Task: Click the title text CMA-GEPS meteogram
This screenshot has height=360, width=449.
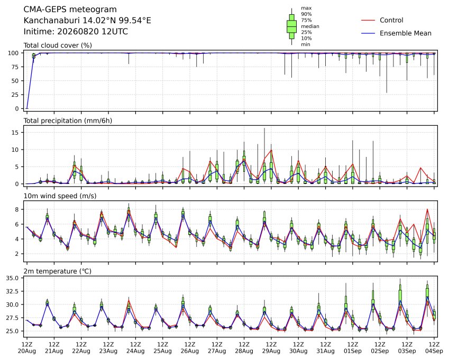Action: point(70,10)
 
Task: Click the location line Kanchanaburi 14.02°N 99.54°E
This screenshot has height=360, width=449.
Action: point(87,21)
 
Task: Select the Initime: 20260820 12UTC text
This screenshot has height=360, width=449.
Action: point(76,32)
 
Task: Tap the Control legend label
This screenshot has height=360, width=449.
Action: point(391,20)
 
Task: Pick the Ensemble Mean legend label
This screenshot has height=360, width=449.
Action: point(406,33)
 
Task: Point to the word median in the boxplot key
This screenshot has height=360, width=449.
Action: point(310,26)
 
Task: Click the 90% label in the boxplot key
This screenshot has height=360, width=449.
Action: point(306,14)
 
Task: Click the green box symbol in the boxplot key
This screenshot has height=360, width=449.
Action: point(291,26)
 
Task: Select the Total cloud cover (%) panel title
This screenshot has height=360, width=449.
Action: point(58,45)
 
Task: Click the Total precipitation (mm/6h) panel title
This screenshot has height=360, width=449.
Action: point(68,121)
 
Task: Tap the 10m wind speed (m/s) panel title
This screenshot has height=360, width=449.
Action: point(60,196)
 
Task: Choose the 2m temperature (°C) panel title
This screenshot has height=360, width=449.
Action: point(57,271)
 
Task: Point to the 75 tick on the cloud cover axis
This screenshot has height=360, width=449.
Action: point(16,67)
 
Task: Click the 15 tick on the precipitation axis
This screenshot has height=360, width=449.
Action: point(16,133)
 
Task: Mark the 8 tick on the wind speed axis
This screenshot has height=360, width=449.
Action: point(17,209)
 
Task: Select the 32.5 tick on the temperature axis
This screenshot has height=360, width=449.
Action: point(13,291)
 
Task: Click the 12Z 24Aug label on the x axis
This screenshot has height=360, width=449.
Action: point(135,348)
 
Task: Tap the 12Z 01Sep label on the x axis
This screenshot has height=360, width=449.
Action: point(353,348)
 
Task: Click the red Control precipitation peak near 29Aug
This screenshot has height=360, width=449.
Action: point(271,150)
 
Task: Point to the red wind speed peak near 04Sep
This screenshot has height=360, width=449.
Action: point(427,209)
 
